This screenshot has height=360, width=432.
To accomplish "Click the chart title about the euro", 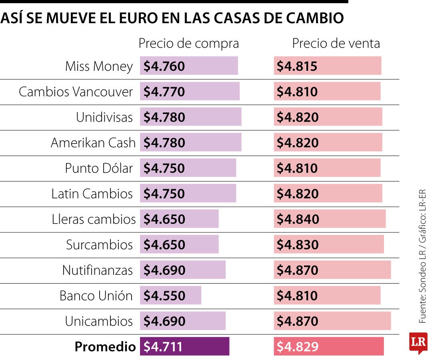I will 172,18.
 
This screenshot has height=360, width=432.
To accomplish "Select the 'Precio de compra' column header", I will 188,44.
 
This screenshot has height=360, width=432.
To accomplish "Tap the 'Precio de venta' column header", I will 336,44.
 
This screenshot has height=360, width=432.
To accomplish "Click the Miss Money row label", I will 99,66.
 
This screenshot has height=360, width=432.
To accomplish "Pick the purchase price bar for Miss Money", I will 189,66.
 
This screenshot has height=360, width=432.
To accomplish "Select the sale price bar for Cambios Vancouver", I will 327,92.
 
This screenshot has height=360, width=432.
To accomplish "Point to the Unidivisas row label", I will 104,117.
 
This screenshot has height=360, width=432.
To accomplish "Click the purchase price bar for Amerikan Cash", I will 190,143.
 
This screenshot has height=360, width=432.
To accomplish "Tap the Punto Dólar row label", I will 99,168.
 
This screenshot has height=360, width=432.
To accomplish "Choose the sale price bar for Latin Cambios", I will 328,194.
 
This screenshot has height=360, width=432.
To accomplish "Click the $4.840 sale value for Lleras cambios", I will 298,219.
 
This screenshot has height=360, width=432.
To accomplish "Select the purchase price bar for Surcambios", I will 179,244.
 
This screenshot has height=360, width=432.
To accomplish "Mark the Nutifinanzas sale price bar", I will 332,270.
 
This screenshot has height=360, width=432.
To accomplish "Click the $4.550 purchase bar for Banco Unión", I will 170,296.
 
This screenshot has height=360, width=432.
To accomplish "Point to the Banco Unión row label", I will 96,296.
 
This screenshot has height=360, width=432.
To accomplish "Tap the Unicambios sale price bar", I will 332,321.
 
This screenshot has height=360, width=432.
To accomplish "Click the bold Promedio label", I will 105,347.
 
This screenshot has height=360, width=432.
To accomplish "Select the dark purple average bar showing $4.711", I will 184,346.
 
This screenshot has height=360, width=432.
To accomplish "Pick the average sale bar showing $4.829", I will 329,346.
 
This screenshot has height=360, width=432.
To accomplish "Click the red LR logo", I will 418,342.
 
